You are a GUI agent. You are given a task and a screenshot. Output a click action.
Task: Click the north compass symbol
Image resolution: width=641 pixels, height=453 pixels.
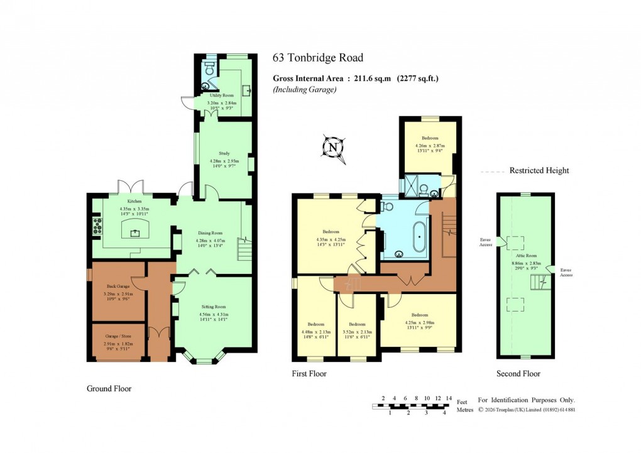point(333,148)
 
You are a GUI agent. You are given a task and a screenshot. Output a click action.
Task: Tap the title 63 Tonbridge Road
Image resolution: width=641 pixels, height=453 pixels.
point(317,58)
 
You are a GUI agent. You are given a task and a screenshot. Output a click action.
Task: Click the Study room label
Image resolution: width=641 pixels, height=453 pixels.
point(224,153)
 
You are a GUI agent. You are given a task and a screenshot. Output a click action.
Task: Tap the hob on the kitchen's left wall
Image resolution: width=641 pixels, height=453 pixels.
point(97,225)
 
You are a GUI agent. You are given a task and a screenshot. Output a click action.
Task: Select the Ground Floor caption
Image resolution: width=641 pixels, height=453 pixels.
point(109,389)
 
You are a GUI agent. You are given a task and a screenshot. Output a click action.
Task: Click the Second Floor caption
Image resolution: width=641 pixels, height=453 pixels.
point(518,374)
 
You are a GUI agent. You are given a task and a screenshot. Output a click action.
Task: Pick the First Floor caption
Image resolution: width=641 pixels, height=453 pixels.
point(309,374)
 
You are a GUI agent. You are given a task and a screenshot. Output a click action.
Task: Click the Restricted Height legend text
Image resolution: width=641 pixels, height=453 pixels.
point(539,170)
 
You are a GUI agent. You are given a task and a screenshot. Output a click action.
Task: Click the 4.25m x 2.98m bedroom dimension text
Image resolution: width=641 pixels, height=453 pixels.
point(419,322)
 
